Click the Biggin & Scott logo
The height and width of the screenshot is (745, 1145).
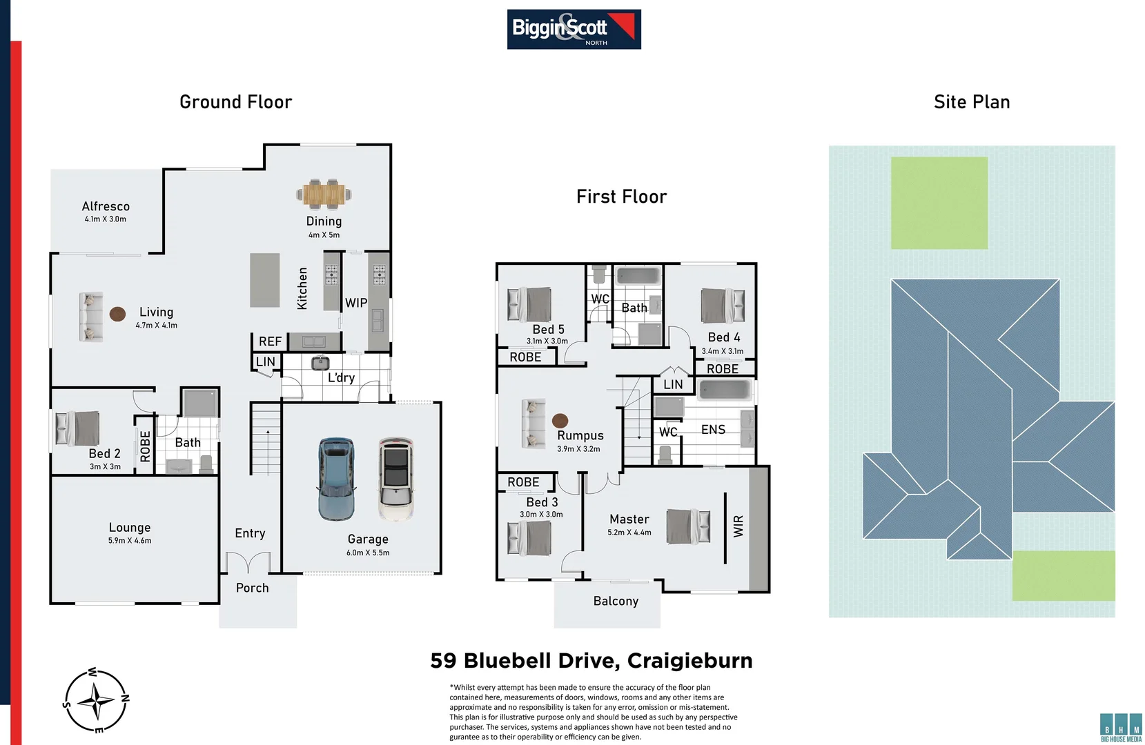574,29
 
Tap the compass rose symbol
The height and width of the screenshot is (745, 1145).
97,701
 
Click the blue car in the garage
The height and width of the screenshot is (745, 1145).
336,479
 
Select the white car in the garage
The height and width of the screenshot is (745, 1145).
396,478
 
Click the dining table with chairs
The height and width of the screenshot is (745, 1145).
324,194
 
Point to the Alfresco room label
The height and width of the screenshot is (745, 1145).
106,206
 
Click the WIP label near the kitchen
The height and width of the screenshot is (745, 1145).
356,303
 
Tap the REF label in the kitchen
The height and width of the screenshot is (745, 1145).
270,341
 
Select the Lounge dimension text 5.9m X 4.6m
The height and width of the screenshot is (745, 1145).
130,541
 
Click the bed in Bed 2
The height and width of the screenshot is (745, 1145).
77,428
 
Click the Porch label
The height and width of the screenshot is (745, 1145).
252,588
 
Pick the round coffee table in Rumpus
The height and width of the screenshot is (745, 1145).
560,420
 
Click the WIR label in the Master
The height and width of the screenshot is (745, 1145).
738,526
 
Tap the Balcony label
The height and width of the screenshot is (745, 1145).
616,601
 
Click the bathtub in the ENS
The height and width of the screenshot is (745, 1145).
724,390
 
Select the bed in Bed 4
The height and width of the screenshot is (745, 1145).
723,306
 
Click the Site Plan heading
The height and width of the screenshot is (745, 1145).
971,102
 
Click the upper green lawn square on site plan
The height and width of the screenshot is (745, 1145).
939,203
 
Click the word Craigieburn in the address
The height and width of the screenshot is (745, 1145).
689,661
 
